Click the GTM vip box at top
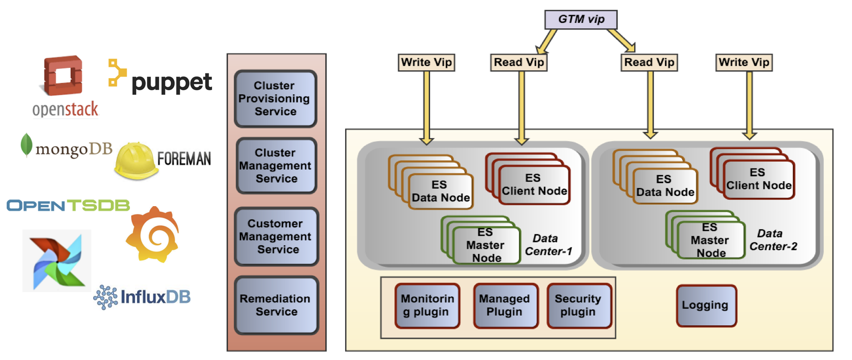[581, 20]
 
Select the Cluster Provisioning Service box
[275, 99]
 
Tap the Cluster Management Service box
[276, 166]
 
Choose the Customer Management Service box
[276, 236]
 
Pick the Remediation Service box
[276, 305]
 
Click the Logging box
[706, 305]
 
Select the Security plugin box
[579, 305]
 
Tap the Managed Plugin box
[505, 305]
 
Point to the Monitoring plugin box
[427, 305]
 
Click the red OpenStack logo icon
[63, 76]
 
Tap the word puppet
[171, 82]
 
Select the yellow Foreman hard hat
[135, 160]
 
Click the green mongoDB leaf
[26, 145]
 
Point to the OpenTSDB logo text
[68, 205]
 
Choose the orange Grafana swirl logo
[153, 234]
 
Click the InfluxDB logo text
[155, 296]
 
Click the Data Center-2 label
[772, 240]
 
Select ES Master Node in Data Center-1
[485, 245]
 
